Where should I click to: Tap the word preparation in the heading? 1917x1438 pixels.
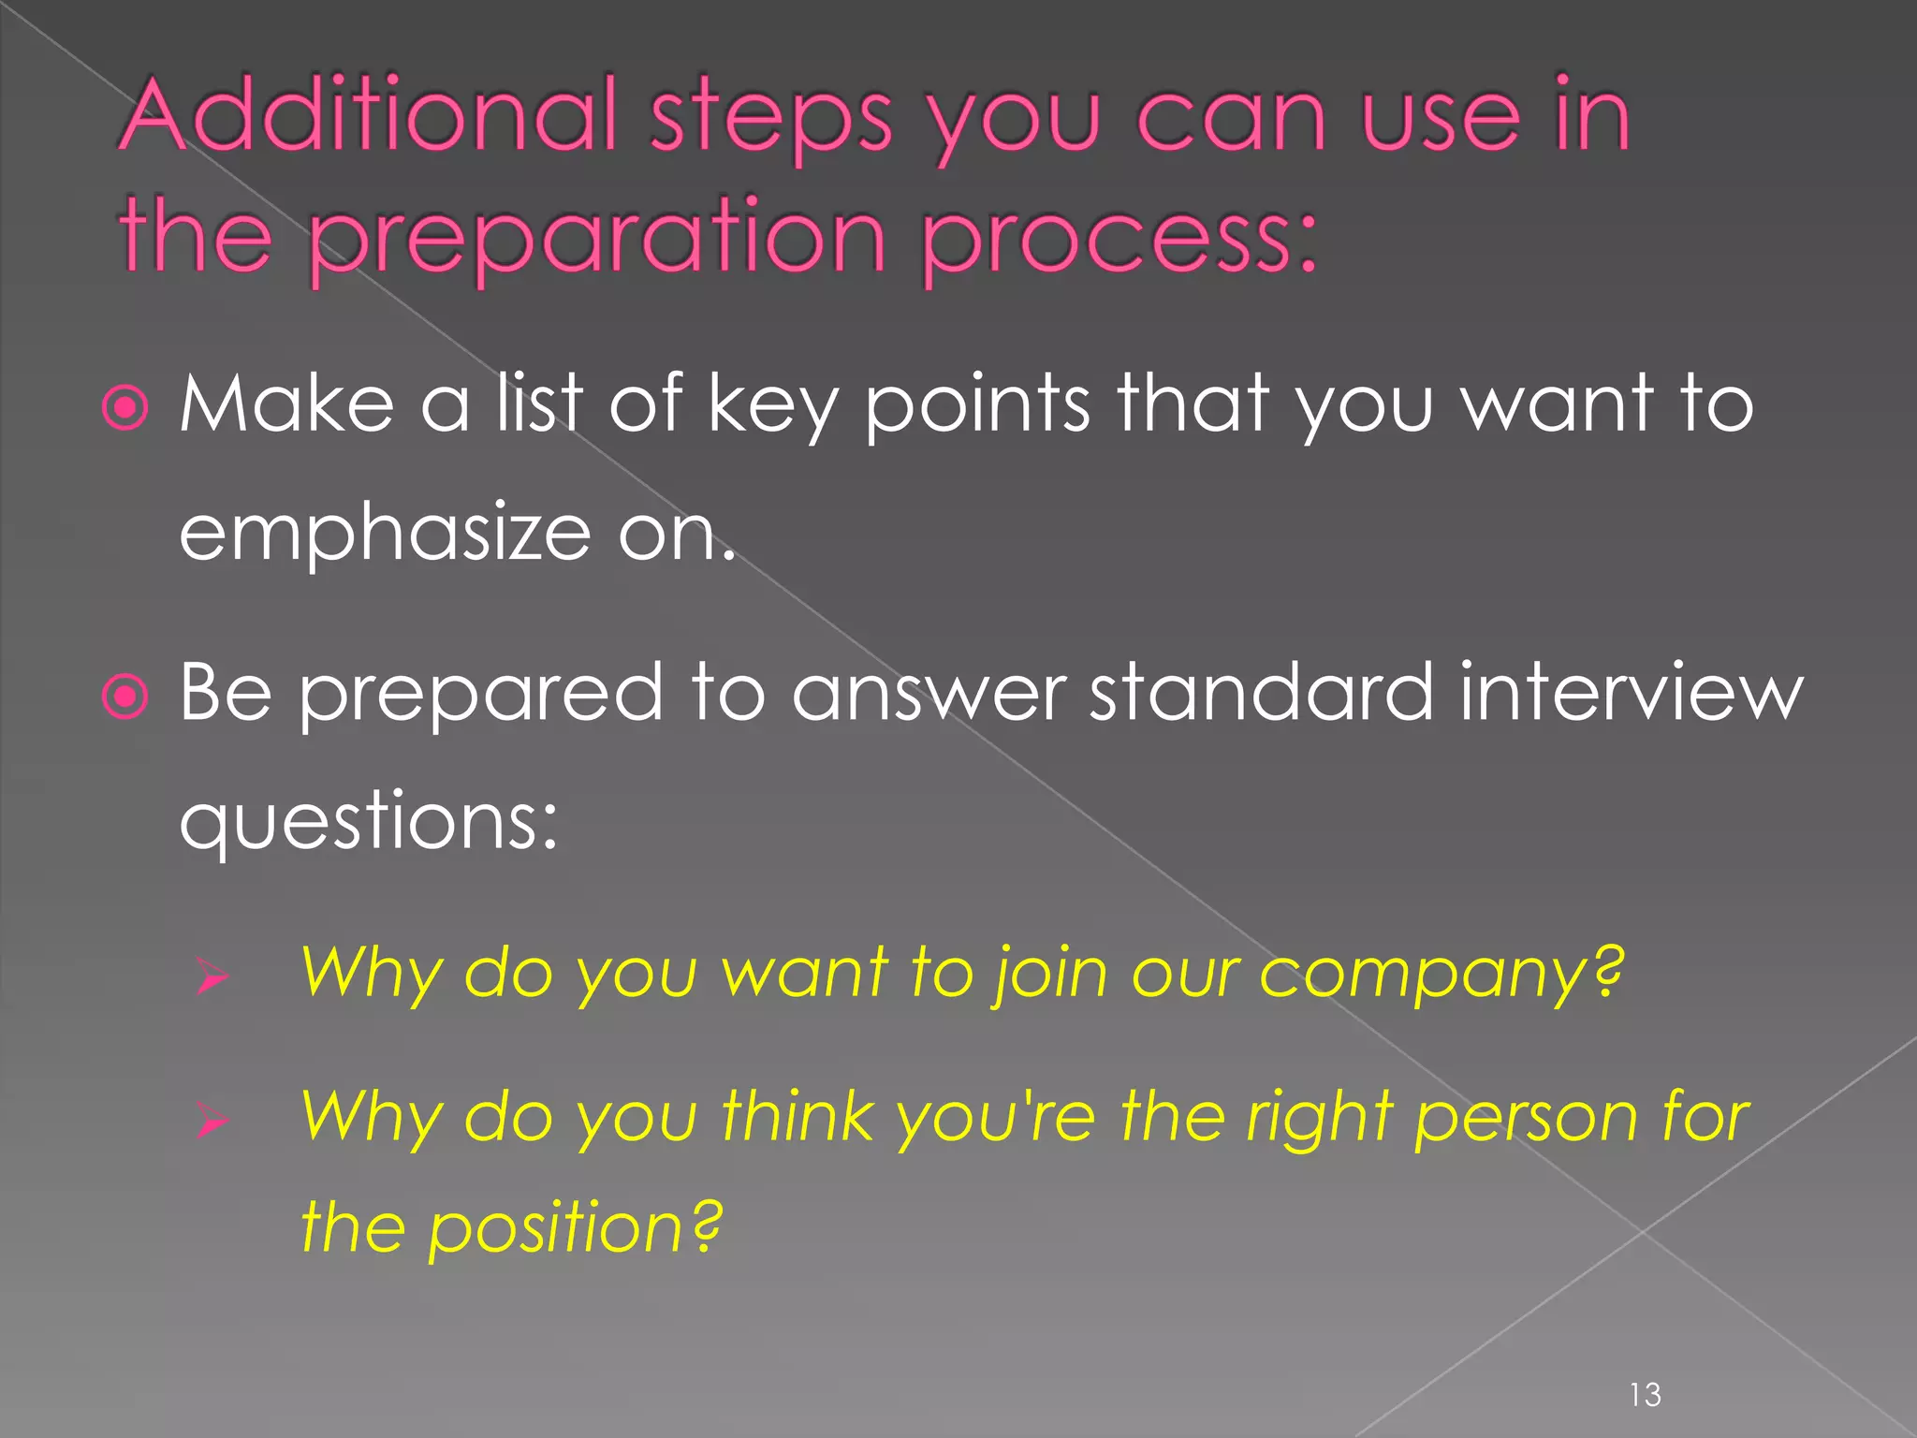point(596,238)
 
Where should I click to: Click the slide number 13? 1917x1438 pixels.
point(1645,1395)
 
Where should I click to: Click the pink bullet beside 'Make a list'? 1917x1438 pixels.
point(125,408)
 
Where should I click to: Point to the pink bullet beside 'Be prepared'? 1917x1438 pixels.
point(125,697)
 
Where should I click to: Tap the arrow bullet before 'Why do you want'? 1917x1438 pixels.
point(212,978)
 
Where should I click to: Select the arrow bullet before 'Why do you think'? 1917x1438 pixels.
point(212,1121)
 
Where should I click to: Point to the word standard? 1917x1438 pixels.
point(1260,693)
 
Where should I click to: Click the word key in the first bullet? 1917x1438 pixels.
point(771,408)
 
